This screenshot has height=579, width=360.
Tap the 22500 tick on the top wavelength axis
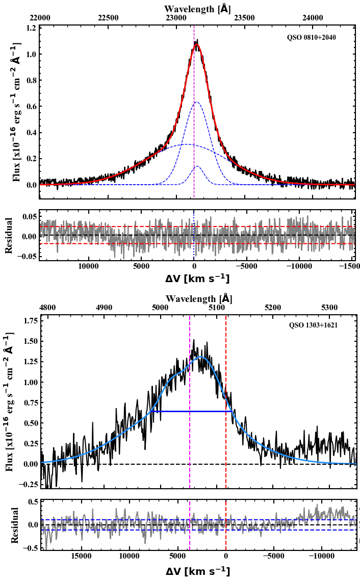[x=108, y=18]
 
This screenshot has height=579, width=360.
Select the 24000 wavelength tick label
[x=313, y=18]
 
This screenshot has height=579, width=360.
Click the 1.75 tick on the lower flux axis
[x=27, y=320]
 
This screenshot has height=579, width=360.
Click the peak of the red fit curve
[x=196, y=44]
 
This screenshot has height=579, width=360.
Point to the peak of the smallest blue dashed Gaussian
[x=197, y=166]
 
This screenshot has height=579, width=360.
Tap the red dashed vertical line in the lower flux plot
[x=226, y=388]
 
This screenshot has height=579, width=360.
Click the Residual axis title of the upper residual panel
[x=9, y=235]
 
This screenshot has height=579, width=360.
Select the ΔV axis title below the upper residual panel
[x=197, y=279]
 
